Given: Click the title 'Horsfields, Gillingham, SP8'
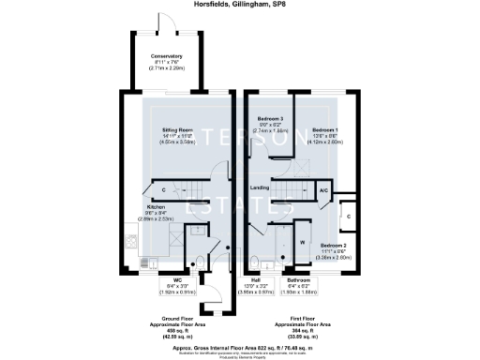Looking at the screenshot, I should pos(239,7).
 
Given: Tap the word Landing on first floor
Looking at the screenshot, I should pos(261,188).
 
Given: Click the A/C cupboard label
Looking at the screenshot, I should pos(322,188).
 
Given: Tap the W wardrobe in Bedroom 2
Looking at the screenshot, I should pos(302,241).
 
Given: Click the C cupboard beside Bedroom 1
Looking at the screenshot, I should pos(348,216).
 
